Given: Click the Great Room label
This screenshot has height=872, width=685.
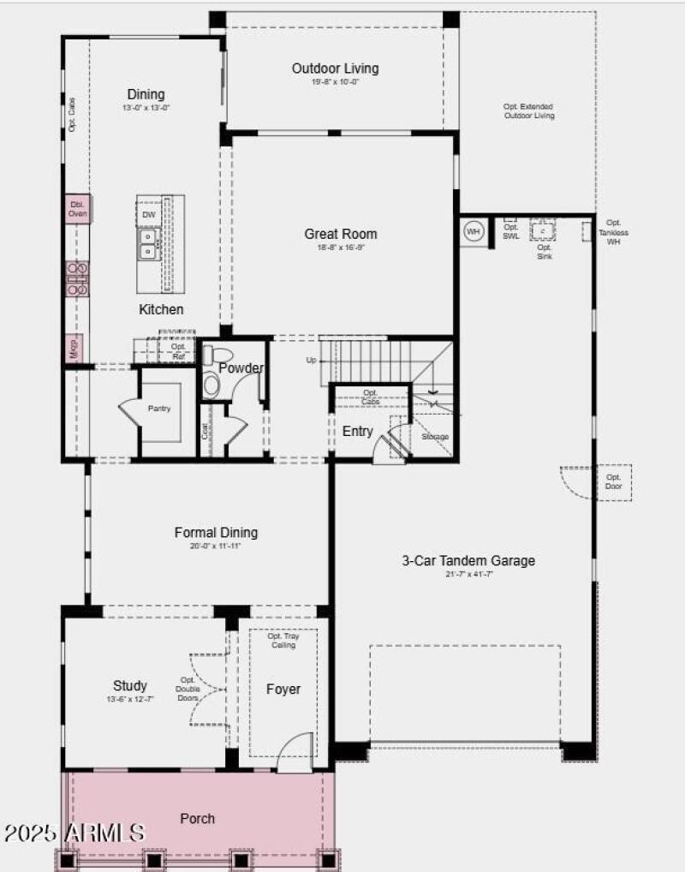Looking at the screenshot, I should pos(340,234).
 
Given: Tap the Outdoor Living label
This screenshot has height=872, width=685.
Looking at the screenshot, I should pos(335,69).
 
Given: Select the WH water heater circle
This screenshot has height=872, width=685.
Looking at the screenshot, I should pos(474,230).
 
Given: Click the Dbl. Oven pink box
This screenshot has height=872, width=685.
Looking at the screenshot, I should pos(78,209).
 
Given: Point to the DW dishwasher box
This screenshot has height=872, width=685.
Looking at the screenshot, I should pos(148,214).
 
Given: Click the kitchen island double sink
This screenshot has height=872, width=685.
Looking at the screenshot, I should pos(148,243).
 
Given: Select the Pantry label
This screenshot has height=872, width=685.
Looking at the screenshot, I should pos(159,409).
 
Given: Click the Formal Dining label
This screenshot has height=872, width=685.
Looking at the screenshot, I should pos(216,533).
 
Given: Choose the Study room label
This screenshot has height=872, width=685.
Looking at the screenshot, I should pos(130,685).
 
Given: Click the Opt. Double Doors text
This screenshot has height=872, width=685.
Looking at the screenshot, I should pos(188,689).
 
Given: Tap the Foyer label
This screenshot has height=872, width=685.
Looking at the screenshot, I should pos(283,689).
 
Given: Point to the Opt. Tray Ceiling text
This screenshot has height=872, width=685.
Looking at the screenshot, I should pos(283,641).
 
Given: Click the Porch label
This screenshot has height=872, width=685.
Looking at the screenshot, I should pos(197,819).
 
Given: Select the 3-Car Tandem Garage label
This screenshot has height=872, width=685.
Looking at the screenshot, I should pos(468,561).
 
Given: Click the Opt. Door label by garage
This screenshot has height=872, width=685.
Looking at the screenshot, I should pos(614,481).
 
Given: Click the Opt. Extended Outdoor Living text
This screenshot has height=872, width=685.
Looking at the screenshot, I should pos(528,111).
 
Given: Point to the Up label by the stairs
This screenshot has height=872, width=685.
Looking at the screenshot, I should pos(311,361).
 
